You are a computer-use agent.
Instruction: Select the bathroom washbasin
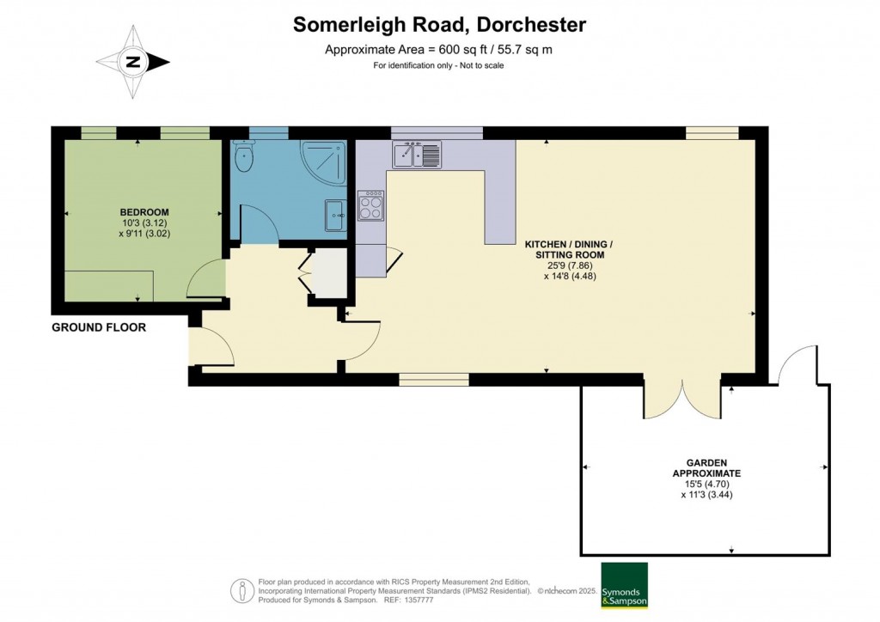[x=336, y=215]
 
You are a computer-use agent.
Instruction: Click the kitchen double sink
[x=417, y=155]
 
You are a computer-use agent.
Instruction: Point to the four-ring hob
[x=371, y=205]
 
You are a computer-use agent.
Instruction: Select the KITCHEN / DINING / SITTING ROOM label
[x=569, y=250]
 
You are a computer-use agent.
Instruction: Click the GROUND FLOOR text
[x=99, y=327]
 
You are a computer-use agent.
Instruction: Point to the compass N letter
[x=133, y=62]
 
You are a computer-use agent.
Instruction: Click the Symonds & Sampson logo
[x=624, y=586]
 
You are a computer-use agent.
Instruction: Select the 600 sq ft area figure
[x=457, y=49]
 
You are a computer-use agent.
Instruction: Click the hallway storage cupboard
[x=328, y=273]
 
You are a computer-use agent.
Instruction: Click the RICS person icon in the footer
[x=242, y=591]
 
